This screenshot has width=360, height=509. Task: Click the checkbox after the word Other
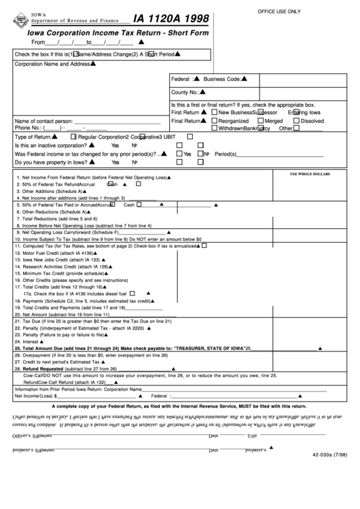[x=297, y=128]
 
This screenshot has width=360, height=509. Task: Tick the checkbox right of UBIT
[x=198, y=137]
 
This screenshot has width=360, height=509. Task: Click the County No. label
[x=185, y=92]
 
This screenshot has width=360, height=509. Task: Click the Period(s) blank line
[x=265, y=154]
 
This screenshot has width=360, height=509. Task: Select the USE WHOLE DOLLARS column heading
[x=310, y=173]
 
